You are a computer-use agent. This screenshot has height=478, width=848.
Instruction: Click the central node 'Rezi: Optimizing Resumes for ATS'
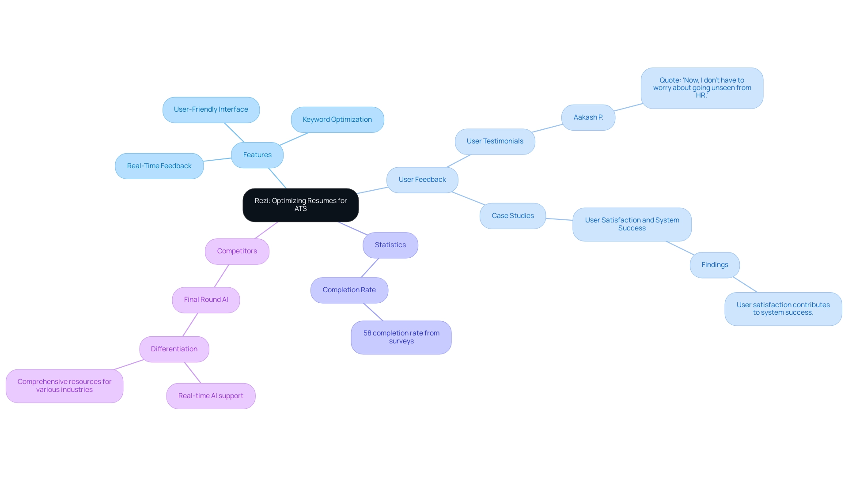(x=300, y=205)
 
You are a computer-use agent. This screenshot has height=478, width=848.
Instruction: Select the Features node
(x=257, y=155)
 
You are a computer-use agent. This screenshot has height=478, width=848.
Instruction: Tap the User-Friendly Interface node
(x=211, y=109)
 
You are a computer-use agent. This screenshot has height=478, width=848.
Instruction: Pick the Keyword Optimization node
(x=337, y=120)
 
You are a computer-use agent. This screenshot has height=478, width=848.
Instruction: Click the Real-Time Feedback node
(x=159, y=166)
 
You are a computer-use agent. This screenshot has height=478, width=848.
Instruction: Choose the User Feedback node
(x=422, y=180)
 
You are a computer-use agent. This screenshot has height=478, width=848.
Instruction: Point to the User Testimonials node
(x=495, y=141)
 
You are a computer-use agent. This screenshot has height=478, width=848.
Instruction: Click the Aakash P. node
(x=588, y=117)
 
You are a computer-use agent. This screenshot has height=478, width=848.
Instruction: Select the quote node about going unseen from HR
(x=702, y=88)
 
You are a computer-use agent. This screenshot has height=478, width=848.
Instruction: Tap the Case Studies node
(x=512, y=216)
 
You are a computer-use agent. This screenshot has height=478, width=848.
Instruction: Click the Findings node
(x=715, y=265)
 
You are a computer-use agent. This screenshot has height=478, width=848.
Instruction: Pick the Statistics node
(x=390, y=245)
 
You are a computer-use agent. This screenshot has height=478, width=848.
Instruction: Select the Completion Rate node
(x=349, y=290)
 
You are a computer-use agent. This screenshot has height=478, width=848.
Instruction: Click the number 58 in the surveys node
(x=367, y=333)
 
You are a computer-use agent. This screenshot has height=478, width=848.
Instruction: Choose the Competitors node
(x=237, y=251)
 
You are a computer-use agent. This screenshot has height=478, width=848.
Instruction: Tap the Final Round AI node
(x=206, y=300)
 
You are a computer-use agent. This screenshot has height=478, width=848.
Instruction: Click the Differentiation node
(x=174, y=349)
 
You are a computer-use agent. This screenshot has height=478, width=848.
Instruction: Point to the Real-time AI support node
(x=211, y=396)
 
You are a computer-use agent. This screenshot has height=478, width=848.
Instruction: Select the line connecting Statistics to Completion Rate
(x=370, y=268)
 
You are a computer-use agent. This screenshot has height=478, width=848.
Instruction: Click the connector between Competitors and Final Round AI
(x=222, y=276)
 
